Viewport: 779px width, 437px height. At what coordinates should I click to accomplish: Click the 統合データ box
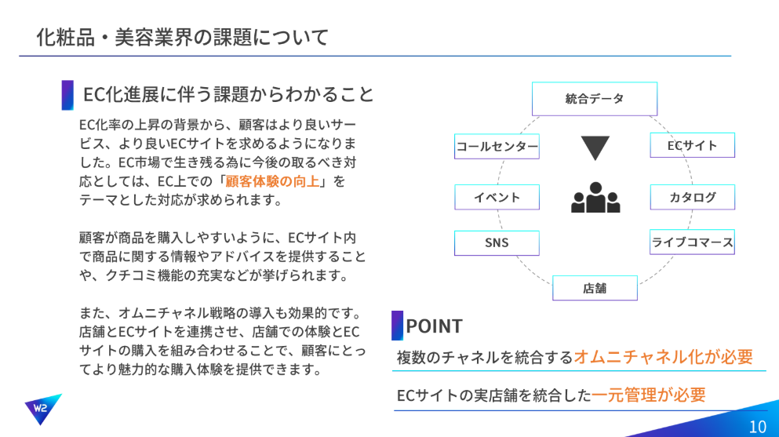(x=594, y=99)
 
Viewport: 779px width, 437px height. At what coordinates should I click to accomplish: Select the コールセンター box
(x=497, y=147)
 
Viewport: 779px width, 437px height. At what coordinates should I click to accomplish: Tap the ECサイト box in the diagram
(x=692, y=145)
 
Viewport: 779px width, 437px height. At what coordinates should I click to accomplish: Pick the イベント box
(x=497, y=197)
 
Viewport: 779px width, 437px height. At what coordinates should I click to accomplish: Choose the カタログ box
(x=692, y=197)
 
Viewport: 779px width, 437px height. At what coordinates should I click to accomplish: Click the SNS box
(x=497, y=243)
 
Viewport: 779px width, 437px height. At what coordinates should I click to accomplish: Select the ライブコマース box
(x=692, y=242)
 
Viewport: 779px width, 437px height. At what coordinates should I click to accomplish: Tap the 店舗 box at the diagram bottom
(x=595, y=288)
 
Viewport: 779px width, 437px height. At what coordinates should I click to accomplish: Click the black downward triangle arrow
(x=595, y=147)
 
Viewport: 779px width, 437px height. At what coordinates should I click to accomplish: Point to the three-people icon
(x=595, y=198)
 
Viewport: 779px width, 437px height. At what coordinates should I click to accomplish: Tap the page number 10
(x=758, y=427)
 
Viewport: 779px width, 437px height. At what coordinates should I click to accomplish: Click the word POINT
(x=434, y=326)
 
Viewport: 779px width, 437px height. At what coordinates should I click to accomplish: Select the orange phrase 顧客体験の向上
(x=272, y=181)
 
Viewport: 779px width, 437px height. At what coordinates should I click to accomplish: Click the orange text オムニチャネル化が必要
(x=663, y=357)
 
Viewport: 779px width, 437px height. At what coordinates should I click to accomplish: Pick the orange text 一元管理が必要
(x=648, y=395)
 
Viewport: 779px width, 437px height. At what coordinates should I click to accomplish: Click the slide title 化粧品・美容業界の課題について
(x=182, y=38)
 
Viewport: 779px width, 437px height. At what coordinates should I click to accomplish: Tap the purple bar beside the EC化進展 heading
(x=67, y=95)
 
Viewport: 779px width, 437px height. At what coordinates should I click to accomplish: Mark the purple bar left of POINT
(x=397, y=326)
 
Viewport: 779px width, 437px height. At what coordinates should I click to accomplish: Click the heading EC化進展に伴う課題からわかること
(x=228, y=94)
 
